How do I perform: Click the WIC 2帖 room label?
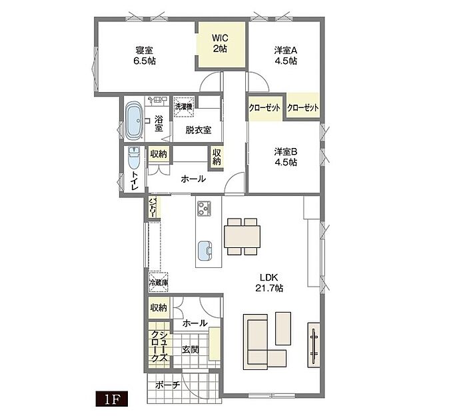[220, 43]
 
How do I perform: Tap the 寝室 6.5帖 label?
[144, 55]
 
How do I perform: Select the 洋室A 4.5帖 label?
[286, 55]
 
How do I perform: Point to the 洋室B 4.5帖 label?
[286, 157]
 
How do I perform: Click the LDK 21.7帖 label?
[269, 283]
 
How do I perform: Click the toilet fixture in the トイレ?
[134, 158]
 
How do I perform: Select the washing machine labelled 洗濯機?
[183, 107]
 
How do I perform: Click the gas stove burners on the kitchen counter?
[205, 208]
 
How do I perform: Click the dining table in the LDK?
[242, 237]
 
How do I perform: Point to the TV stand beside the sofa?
[313, 345]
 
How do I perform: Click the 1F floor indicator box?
[112, 399]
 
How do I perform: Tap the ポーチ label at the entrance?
[168, 385]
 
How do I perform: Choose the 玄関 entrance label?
[191, 350]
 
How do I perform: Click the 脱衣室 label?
[199, 130]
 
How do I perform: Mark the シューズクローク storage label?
[159, 346]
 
